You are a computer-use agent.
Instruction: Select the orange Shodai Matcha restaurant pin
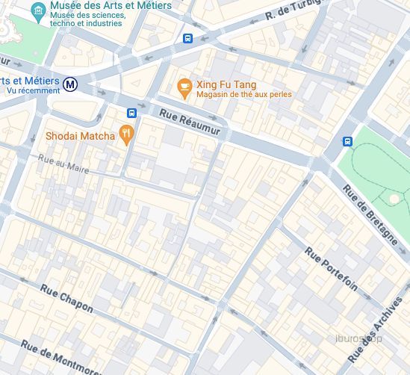127,135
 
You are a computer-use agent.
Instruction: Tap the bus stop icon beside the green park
347,141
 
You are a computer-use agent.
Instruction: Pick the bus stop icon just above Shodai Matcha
131,114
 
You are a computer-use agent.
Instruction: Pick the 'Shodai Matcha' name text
80,136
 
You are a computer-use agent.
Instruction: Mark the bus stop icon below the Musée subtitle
187,39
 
